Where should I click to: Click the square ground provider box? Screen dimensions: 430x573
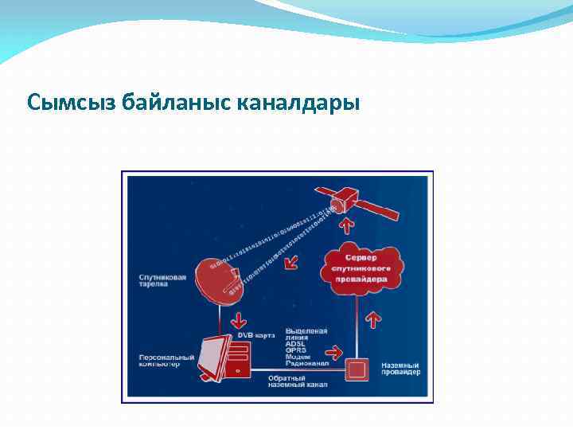[357, 370]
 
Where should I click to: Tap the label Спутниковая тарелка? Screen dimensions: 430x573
[162, 281]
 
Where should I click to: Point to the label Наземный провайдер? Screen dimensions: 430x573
[400, 369]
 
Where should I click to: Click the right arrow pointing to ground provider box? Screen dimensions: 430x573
[337, 350]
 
